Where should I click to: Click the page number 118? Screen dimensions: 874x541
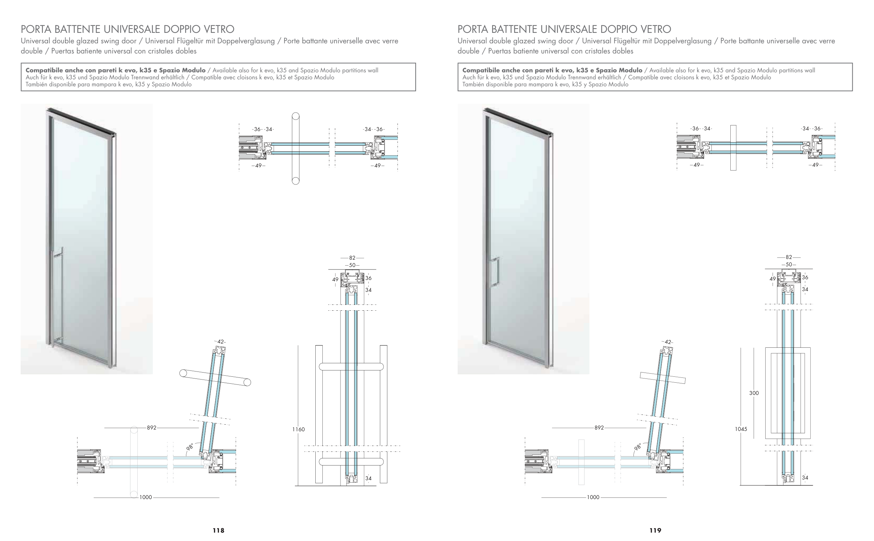pos(218,530)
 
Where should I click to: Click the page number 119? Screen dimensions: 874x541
pos(655,530)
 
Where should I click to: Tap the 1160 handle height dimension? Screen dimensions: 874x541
pos(299,430)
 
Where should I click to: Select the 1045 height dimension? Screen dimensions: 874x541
pos(741,429)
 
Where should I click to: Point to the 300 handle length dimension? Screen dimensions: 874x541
pos(754,393)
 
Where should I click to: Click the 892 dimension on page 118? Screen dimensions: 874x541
pos(151,427)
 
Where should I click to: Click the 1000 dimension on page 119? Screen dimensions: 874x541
pos(593,497)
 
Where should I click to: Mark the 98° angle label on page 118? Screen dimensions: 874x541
pos(190,447)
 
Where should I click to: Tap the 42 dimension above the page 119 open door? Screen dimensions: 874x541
pos(667,342)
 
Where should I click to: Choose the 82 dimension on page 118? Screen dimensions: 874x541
pos(352,258)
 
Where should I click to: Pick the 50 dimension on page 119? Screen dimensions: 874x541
pos(789,265)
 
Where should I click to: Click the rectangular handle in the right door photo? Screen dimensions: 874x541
pos(495,271)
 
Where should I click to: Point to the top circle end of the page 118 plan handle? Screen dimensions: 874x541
pos(296,116)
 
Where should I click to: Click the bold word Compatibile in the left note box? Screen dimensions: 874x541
pos(44,70)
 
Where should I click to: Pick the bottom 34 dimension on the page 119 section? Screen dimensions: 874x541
pos(805,477)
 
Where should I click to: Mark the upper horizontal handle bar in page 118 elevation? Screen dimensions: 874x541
pos(351,366)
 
